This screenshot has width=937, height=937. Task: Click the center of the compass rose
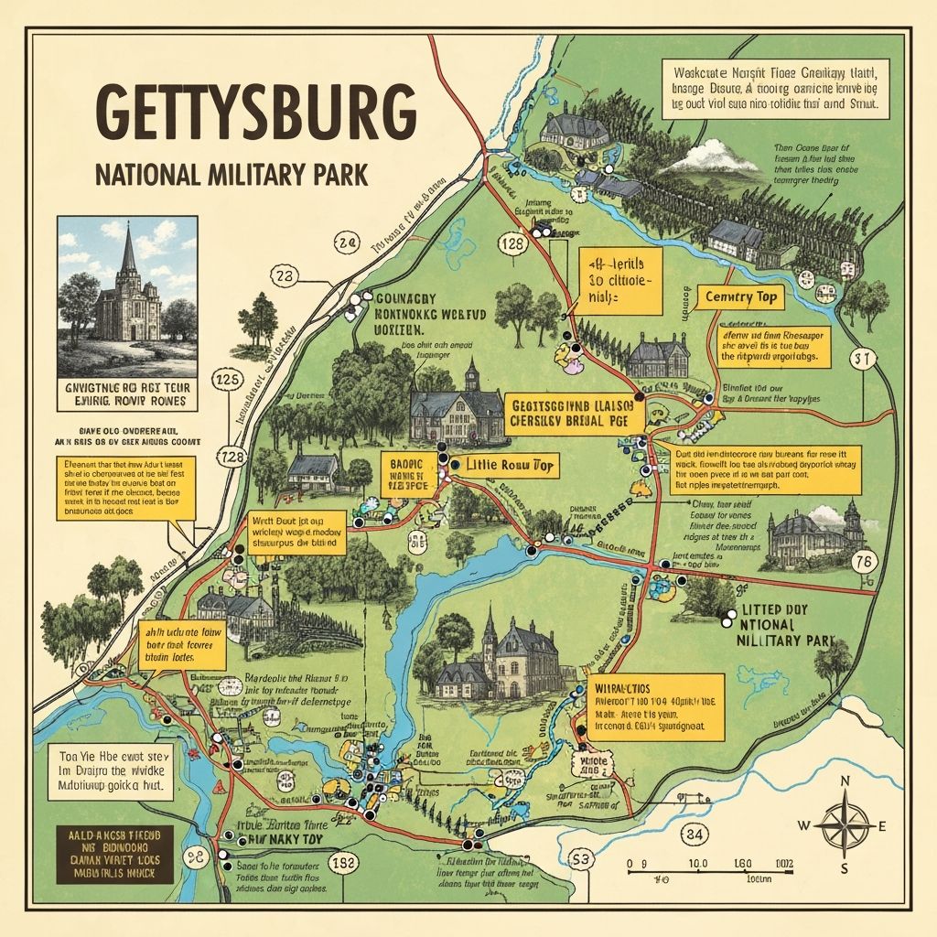[x=845, y=824]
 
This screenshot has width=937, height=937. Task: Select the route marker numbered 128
[x=512, y=244]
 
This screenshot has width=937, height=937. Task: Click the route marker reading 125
[x=226, y=377]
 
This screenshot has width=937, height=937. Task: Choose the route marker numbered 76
[x=862, y=562]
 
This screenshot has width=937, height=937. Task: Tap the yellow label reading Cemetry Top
[x=740, y=296]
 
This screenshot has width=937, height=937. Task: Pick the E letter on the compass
[x=883, y=825]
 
